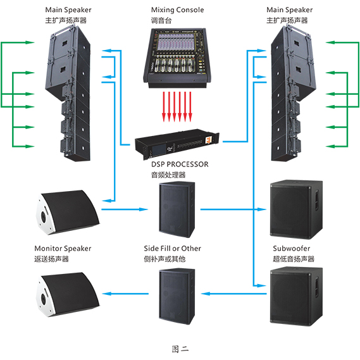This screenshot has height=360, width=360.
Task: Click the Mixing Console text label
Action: pos(177,10)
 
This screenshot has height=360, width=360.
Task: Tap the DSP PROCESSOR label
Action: pos(180,164)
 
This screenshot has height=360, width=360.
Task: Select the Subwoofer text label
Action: pos(291,249)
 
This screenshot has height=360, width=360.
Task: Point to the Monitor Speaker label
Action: pos(63,249)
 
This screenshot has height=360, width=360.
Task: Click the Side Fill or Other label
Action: pos(173,249)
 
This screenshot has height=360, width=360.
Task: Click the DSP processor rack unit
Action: pos(177,144)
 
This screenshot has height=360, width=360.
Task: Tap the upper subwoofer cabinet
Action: pos(296,209)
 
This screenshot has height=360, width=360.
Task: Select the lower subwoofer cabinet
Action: pos(296,296)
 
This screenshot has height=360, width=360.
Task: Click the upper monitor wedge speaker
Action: pos(68,212)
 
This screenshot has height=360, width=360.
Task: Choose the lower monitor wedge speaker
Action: pos(68,295)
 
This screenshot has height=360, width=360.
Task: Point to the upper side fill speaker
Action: pos(177,209)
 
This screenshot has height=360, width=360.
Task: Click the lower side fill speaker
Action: pos(177,296)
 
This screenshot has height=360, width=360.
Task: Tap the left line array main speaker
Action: pos(68,94)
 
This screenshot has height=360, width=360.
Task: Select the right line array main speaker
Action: pos(294,94)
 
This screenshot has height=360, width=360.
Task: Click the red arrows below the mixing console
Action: pos(177,106)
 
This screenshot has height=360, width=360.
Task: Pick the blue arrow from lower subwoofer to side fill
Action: pos(233,294)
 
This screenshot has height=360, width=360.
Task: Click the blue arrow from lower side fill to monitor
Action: pos(125,294)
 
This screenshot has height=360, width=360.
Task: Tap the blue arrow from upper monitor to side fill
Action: pos(125,209)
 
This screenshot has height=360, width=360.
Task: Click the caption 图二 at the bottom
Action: pos(180,349)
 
